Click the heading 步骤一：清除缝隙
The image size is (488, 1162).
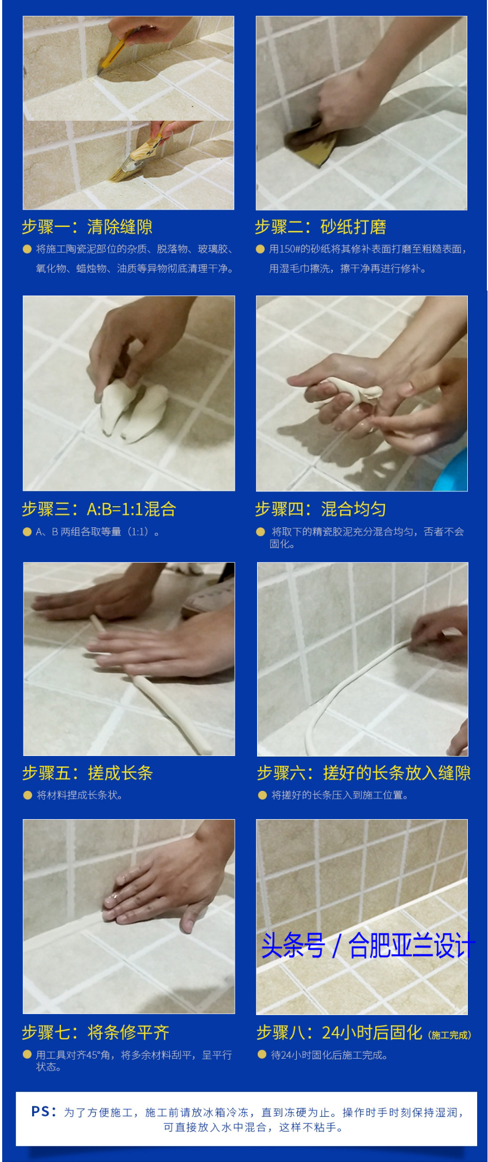pos(87,227)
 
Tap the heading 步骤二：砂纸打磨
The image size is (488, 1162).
pos(320,227)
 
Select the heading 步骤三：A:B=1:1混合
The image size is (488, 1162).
pos(99,509)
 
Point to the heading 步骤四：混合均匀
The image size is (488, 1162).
pos(320,509)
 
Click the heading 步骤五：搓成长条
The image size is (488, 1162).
pos(87,773)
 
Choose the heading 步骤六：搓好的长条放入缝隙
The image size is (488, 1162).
pos(363,773)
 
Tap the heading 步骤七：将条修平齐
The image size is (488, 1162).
pos(95,1032)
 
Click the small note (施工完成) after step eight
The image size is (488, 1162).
pos(449,1035)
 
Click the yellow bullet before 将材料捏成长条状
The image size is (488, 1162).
pos(27,795)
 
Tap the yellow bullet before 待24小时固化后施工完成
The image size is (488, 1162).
pos(261,1055)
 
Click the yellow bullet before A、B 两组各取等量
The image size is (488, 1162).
pos(27,532)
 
